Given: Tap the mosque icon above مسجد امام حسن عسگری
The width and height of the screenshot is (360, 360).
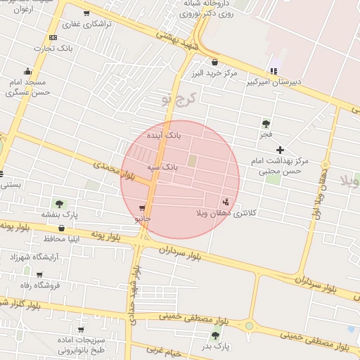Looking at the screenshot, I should click(x=28, y=70).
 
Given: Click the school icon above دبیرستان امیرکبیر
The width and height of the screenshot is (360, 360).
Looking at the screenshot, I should click(x=274, y=70).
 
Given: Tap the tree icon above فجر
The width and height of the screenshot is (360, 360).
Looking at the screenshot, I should click(x=265, y=123).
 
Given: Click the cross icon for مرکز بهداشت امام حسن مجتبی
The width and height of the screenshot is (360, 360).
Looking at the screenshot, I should click(x=280, y=150).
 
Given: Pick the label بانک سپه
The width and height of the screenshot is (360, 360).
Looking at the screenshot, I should click(x=162, y=168).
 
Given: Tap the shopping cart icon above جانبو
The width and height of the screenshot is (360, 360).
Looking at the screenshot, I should click(x=143, y=208).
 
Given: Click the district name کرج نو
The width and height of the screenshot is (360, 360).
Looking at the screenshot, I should click(x=176, y=98).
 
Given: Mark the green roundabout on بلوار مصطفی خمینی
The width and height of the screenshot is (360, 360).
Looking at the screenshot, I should click(x=249, y=326).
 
